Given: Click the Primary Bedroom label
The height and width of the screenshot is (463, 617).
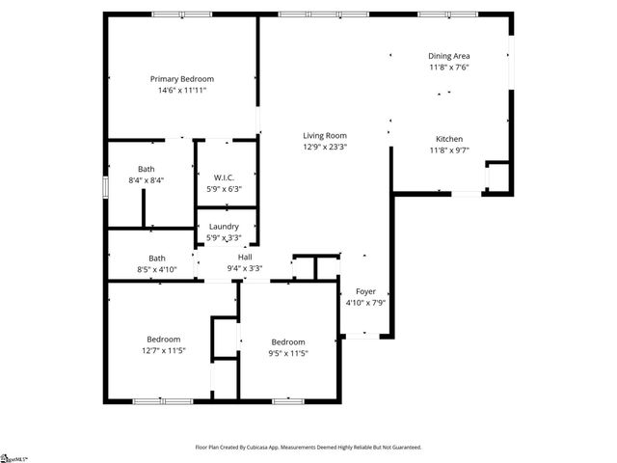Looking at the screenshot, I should [181, 78].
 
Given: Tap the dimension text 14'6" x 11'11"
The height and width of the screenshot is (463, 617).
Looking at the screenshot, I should [181, 90].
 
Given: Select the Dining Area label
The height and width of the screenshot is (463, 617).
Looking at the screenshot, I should [449, 56].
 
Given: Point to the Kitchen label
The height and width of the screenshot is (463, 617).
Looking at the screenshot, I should [449, 138].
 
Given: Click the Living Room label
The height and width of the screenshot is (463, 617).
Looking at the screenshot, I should [325, 135].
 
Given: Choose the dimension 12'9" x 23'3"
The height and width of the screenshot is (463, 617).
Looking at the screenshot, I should [325, 147].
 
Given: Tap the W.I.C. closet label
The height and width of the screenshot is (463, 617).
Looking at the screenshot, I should [225, 177].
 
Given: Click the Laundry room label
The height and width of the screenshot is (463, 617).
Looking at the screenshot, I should [224, 227].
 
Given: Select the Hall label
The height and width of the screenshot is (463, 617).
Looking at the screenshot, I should [245, 257].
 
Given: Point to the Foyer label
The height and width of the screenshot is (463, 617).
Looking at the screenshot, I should [365, 291].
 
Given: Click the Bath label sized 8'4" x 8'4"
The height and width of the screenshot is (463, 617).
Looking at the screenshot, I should [146, 169].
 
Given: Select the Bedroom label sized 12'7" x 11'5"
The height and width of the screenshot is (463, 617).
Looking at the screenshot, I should [164, 339].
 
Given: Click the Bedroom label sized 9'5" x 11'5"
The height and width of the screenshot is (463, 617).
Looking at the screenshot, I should [287, 342].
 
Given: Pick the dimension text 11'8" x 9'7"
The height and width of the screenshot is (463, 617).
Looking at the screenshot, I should [449, 150].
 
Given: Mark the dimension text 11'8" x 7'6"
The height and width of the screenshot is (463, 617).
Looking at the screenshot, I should [449, 68].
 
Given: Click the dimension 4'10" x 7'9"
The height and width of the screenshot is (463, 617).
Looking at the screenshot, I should [365, 303].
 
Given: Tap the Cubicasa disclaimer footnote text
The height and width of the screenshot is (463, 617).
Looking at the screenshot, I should [308, 448].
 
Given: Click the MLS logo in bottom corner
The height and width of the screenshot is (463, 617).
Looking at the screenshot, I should [13, 457].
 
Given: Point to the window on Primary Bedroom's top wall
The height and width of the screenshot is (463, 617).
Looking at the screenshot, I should [183, 14].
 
